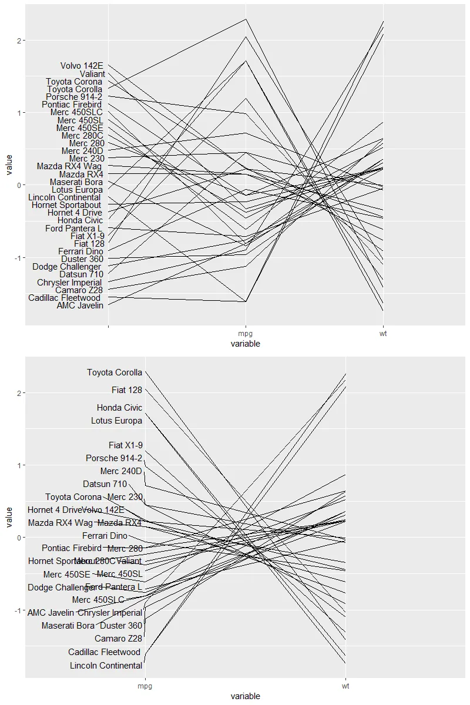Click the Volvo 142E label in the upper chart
coord(82,66)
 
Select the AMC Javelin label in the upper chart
coord(80,305)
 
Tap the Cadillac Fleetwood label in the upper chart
coord(65,298)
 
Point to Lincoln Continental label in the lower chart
coord(106,666)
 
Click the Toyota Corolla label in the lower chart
coord(115,372)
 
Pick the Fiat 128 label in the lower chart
coord(127,390)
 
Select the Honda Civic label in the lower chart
coord(119,408)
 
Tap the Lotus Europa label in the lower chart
coord(116,421)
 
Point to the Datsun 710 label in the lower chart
coord(105,484)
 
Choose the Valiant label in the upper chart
coord(92,74)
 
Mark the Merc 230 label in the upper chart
coord(86,159)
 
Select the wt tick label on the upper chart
coord(383,334)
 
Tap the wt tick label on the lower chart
coord(345,686)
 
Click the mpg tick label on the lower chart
coord(145,686)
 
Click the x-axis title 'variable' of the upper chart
coord(246,344)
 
